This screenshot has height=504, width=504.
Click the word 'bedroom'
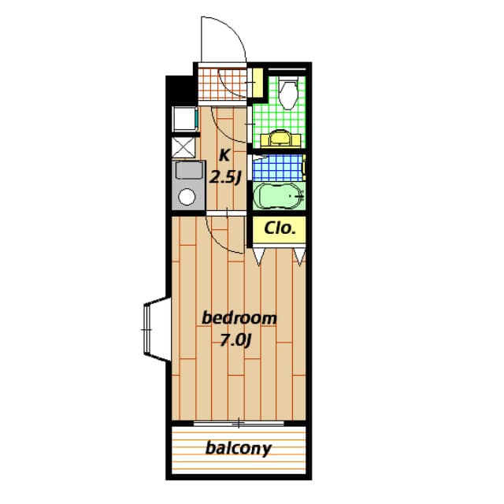click(x=239, y=318)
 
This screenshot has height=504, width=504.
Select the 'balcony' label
click(x=238, y=449)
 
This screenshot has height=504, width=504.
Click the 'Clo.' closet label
click(x=279, y=229)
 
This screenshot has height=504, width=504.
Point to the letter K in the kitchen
click(x=224, y=154)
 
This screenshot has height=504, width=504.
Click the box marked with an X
click(x=183, y=146)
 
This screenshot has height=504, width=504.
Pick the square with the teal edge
click(x=184, y=118)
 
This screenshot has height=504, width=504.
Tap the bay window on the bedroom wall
click(x=153, y=328)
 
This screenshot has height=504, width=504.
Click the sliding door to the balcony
click(x=236, y=424)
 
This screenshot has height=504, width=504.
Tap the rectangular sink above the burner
click(x=187, y=172)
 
